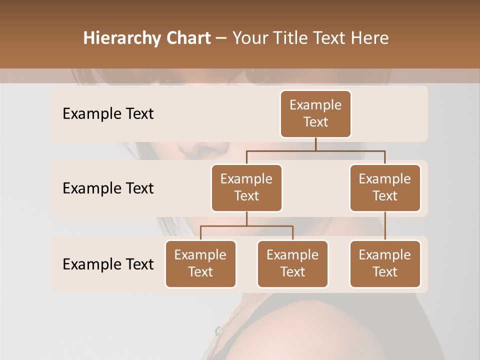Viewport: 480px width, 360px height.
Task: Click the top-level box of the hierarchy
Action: click(315, 113)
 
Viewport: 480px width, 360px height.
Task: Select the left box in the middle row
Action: click(246, 187)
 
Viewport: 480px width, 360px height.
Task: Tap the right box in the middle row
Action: click(385, 187)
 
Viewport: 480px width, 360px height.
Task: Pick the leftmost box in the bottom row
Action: click(200, 263)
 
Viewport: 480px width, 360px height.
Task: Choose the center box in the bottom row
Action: click(292, 263)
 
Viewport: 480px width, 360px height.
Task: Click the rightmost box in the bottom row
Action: click(385, 263)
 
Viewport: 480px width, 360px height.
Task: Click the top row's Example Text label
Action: click(108, 114)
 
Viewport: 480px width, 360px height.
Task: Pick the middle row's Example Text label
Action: click(108, 188)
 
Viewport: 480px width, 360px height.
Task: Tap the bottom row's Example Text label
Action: click(108, 264)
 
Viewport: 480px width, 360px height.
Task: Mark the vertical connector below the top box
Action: click(315, 144)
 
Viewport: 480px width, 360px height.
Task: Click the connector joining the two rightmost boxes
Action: click(385, 226)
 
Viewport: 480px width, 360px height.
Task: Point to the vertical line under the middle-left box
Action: click(246, 218)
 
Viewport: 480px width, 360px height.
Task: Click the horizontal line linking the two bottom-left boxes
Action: click(246, 226)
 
